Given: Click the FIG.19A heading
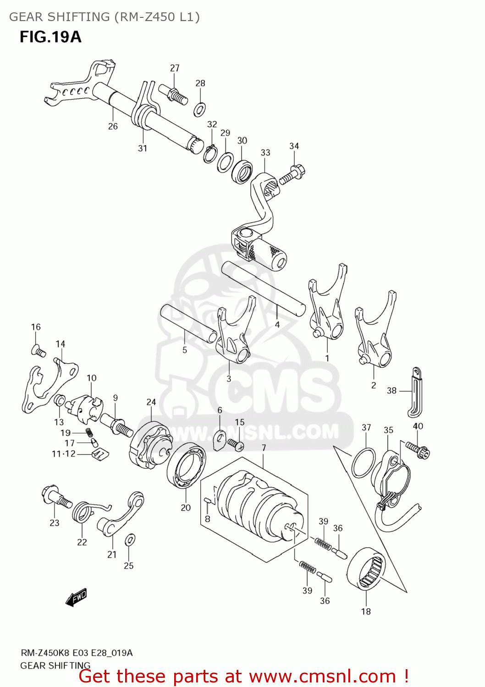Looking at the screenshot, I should click(x=50, y=37).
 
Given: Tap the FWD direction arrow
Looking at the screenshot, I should click(x=76, y=598).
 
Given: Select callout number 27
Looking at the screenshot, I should click(x=175, y=68).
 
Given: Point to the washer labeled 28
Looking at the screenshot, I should click(x=200, y=109).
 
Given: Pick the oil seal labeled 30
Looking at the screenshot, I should click(x=242, y=171).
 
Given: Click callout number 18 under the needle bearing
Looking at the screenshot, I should click(x=366, y=611).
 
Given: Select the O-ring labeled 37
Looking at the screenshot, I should click(x=363, y=463).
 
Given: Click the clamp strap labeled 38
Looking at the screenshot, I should click(x=415, y=392).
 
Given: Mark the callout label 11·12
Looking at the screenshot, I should click(x=63, y=454).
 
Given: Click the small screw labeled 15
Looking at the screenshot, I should click(x=236, y=443).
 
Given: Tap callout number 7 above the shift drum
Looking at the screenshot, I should click(x=264, y=447).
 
